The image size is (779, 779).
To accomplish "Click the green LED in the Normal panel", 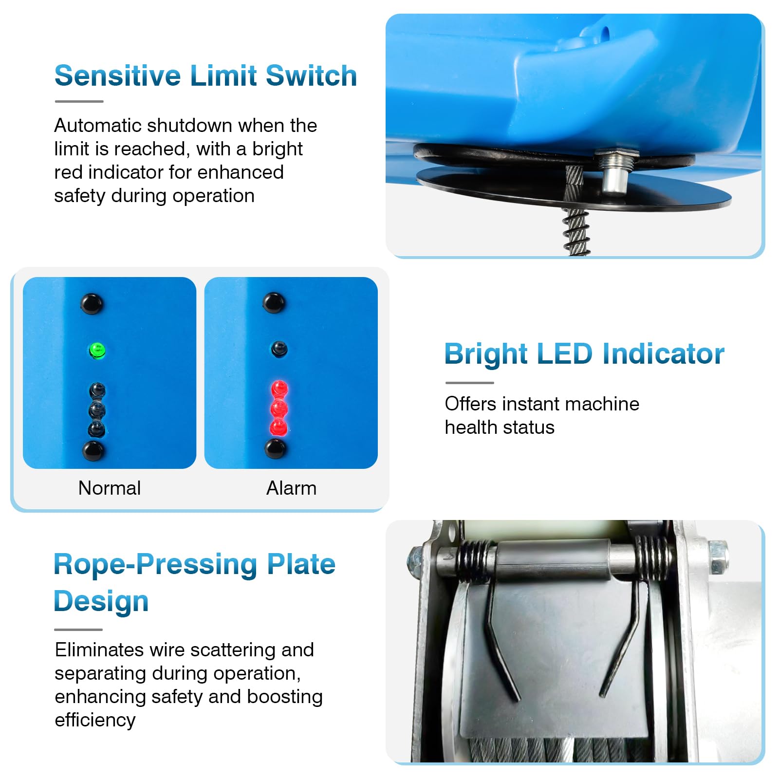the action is coord(97,350).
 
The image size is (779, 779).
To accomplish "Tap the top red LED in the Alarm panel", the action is coord(279,389).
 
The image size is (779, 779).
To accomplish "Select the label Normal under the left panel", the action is coord(110,488).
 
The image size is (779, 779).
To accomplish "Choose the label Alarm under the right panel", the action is coord(291,488).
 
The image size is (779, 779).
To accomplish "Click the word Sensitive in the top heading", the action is coord(117,76).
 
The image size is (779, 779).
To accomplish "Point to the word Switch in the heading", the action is coord(312,76).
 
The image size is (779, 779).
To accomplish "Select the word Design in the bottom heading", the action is coord(101,601).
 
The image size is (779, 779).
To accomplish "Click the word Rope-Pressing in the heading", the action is coord(155,565).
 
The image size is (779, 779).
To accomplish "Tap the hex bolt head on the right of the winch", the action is coord(718,556).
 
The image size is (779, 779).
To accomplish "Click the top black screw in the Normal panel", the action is coord(92,304).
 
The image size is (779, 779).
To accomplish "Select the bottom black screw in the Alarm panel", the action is coord(276,448).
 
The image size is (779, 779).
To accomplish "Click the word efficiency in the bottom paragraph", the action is coord(95,721).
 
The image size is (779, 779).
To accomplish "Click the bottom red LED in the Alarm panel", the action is coord(278,428).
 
